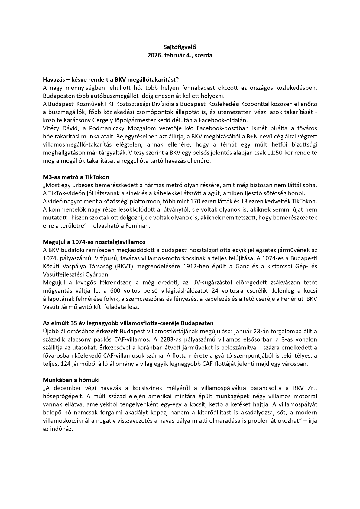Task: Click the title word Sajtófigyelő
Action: (180, 47)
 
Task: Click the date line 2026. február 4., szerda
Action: (180, 56)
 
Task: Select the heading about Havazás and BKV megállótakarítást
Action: (111, 79)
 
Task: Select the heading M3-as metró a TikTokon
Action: (76, 177)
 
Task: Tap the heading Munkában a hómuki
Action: (71, 380)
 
